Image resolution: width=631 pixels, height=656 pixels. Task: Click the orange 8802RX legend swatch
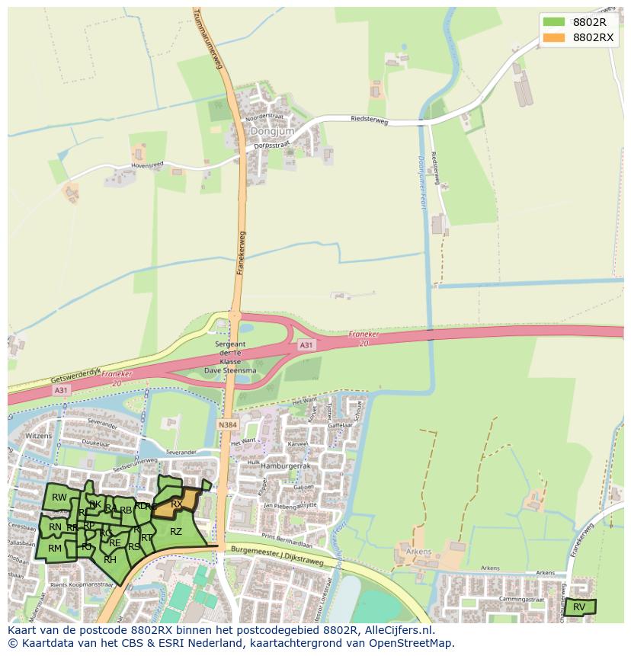tap(554, 37)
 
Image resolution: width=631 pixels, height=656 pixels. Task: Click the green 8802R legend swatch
tap(554, 22)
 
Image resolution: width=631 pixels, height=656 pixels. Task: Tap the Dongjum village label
tap(264, 131)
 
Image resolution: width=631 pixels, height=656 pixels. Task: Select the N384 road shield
tap(227, 424)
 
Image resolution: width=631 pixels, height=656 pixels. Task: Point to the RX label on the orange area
tap(176, 504)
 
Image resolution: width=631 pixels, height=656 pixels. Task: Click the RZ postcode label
tap(175, 532)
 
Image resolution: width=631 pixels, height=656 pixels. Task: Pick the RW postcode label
tap(59, 498)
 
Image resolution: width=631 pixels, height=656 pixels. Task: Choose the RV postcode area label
tap(579, 606)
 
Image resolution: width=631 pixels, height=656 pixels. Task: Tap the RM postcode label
tap(55, 548)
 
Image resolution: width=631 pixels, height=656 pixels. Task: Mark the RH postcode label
tap(110, 560)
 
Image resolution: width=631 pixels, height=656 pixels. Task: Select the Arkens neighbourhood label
tap(419, 552)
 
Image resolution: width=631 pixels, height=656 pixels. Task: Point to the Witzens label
tap(37, 435)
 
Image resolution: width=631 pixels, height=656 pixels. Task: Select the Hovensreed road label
tap(126, 163)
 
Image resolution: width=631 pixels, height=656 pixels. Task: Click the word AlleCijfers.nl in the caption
tap(399, 630)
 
